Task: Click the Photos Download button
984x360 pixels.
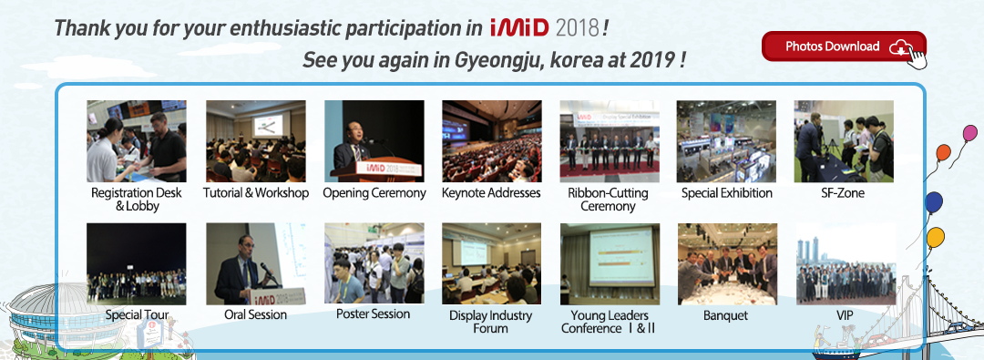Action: tap(844, 46)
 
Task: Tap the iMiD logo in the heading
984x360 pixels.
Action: tap(519, 27)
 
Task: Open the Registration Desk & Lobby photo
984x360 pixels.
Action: tap(136, 141)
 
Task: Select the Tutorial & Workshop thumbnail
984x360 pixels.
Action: tap(256, 141)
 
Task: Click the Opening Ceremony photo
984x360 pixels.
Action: tap(374, 141)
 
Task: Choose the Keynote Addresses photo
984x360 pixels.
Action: tap(491, 141)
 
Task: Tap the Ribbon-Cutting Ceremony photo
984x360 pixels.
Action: tap(610, 141)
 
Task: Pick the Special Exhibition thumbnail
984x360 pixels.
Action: tap(726, 141)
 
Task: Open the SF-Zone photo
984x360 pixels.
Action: tap(844, 141)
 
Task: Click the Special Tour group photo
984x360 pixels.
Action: tap(136, 264)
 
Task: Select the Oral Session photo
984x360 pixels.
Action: tap(256, 264)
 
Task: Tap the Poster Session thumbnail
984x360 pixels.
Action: tap(374, 263)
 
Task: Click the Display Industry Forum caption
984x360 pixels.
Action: tap(491, 322)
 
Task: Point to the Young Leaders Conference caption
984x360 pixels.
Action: tap(609, 322)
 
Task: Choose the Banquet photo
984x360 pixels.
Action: tap(727, 264)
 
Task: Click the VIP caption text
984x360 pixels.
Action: tap(846, 315)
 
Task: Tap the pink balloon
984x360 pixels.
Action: tap(970, 133)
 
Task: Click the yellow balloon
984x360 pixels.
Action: tap(935, 237)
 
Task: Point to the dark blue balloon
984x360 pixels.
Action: tap(934, 202)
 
